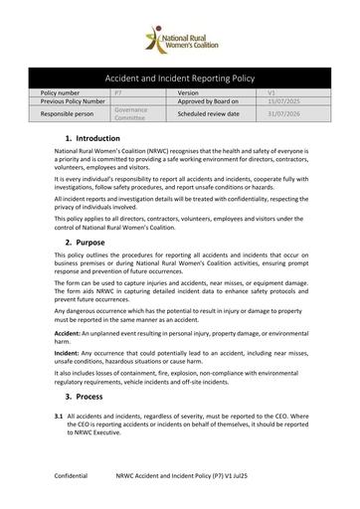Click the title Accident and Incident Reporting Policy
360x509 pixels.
180,76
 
